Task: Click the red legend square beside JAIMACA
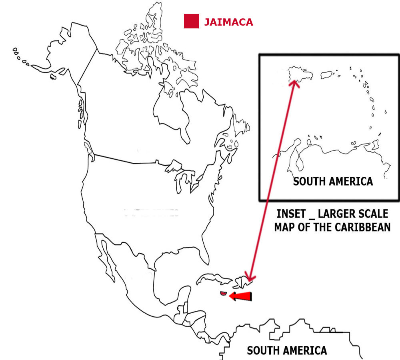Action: (191, 21)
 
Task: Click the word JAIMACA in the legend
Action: (228, 22)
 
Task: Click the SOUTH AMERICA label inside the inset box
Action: (333, 181)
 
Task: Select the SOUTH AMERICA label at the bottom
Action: (287, 351)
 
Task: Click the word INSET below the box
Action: (292, 213)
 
